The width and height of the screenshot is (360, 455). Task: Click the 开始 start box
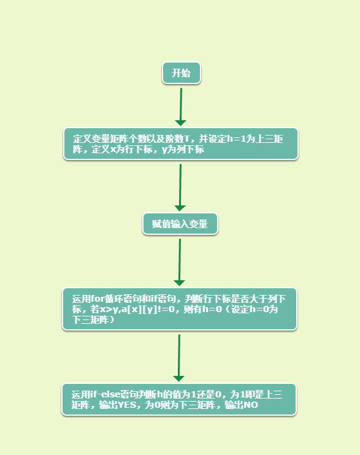click(182, 73)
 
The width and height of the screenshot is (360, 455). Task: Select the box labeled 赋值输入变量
click(180, 224)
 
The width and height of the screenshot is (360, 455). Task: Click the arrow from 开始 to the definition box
click(181, 107)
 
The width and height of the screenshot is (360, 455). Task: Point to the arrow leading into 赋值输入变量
click(180, 188)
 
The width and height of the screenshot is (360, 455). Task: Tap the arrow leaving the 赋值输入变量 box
click(180, 262)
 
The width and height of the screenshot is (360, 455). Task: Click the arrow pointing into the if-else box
click(179, 358)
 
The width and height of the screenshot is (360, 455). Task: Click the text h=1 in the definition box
click(237, 139)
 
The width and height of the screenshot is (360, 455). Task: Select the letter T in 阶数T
click(186, 139)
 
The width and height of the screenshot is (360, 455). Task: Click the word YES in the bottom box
click(127, 405)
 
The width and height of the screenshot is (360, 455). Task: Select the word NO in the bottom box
click(251, 405)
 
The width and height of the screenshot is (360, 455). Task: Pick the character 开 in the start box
click(176, 73)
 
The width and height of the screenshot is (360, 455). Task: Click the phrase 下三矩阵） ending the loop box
click(93, 319)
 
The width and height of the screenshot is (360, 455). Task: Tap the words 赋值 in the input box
click(161, 224)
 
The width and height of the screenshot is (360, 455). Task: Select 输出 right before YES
click(108, 405)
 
